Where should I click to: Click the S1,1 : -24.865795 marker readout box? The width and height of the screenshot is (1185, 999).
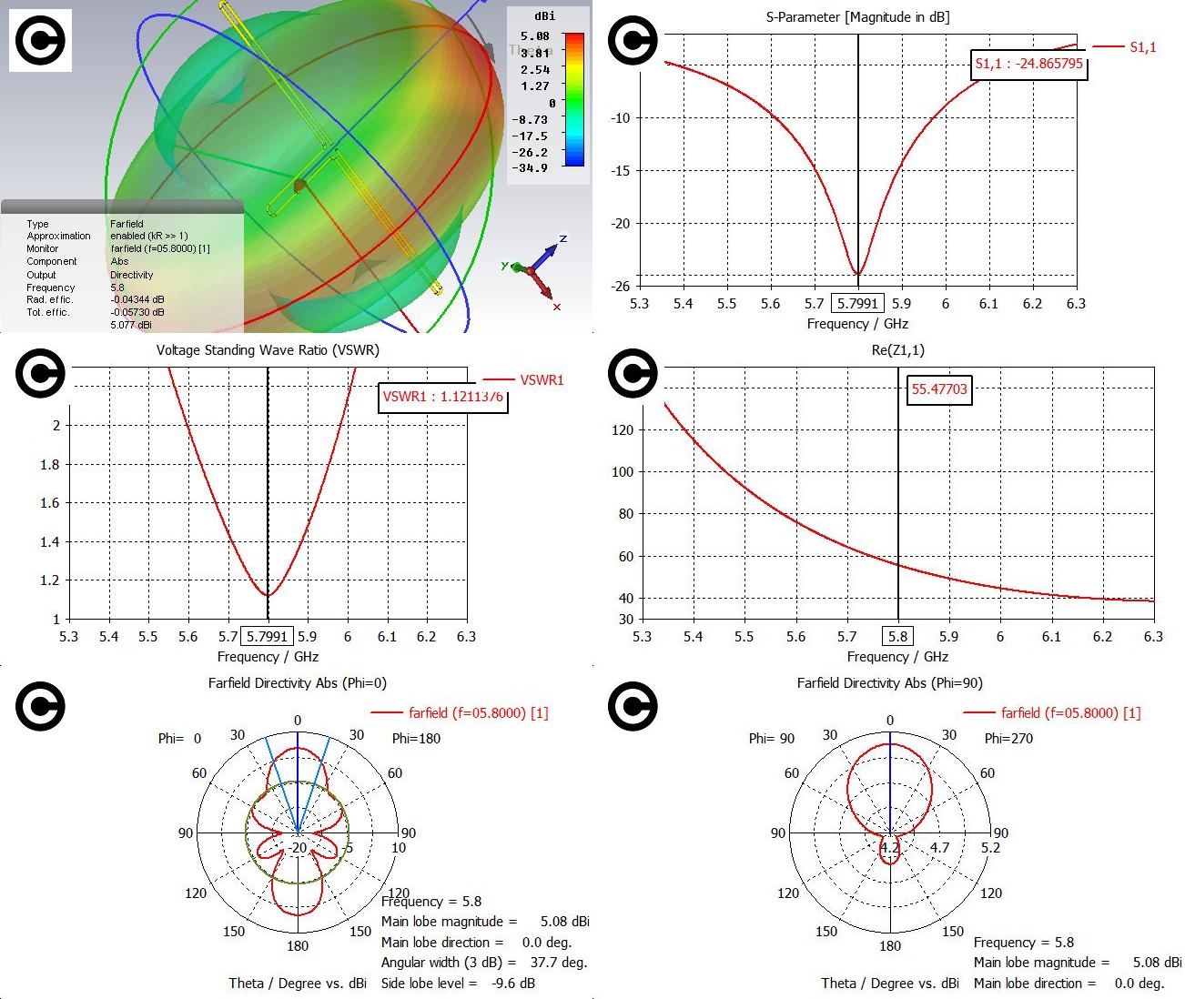pos(1028,64)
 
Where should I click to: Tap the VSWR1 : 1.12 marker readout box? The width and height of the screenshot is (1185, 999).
pos(442,397)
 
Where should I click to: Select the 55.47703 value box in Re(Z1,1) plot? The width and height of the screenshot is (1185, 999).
pos(939,389)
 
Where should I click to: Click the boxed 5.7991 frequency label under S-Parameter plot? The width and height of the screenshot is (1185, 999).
pos(857,304)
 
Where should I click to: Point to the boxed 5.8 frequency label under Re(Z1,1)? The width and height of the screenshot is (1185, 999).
pos(897,637)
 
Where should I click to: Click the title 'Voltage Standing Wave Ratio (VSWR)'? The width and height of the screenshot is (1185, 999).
pos(268,350)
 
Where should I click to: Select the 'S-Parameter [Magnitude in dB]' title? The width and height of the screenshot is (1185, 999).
pos(857,17)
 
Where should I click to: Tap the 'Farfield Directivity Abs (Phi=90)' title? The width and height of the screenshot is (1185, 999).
pos(889,683)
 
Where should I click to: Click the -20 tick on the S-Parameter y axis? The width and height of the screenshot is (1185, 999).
pos(620,224)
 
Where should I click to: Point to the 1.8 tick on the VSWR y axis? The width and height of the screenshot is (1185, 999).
pos(51,465)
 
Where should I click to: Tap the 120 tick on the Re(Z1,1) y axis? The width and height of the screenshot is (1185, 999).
pos(623,430)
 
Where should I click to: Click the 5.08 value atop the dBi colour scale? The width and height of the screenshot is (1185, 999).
pos(535,36)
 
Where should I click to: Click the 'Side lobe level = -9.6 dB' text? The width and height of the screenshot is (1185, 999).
pos(458,984)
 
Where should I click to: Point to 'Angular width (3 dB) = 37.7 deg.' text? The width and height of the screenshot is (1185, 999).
pos(484,963)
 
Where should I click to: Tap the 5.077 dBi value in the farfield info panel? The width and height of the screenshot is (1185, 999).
pos(131,325)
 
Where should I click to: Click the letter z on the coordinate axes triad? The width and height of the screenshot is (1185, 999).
pos(563,239)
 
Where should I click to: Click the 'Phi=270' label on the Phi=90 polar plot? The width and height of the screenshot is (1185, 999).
pos(1008,739)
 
